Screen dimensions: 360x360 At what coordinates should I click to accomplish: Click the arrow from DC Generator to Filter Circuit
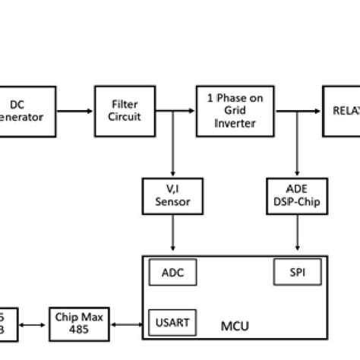click(74, 111)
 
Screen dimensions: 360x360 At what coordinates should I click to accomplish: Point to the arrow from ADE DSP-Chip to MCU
click(297, 235)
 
